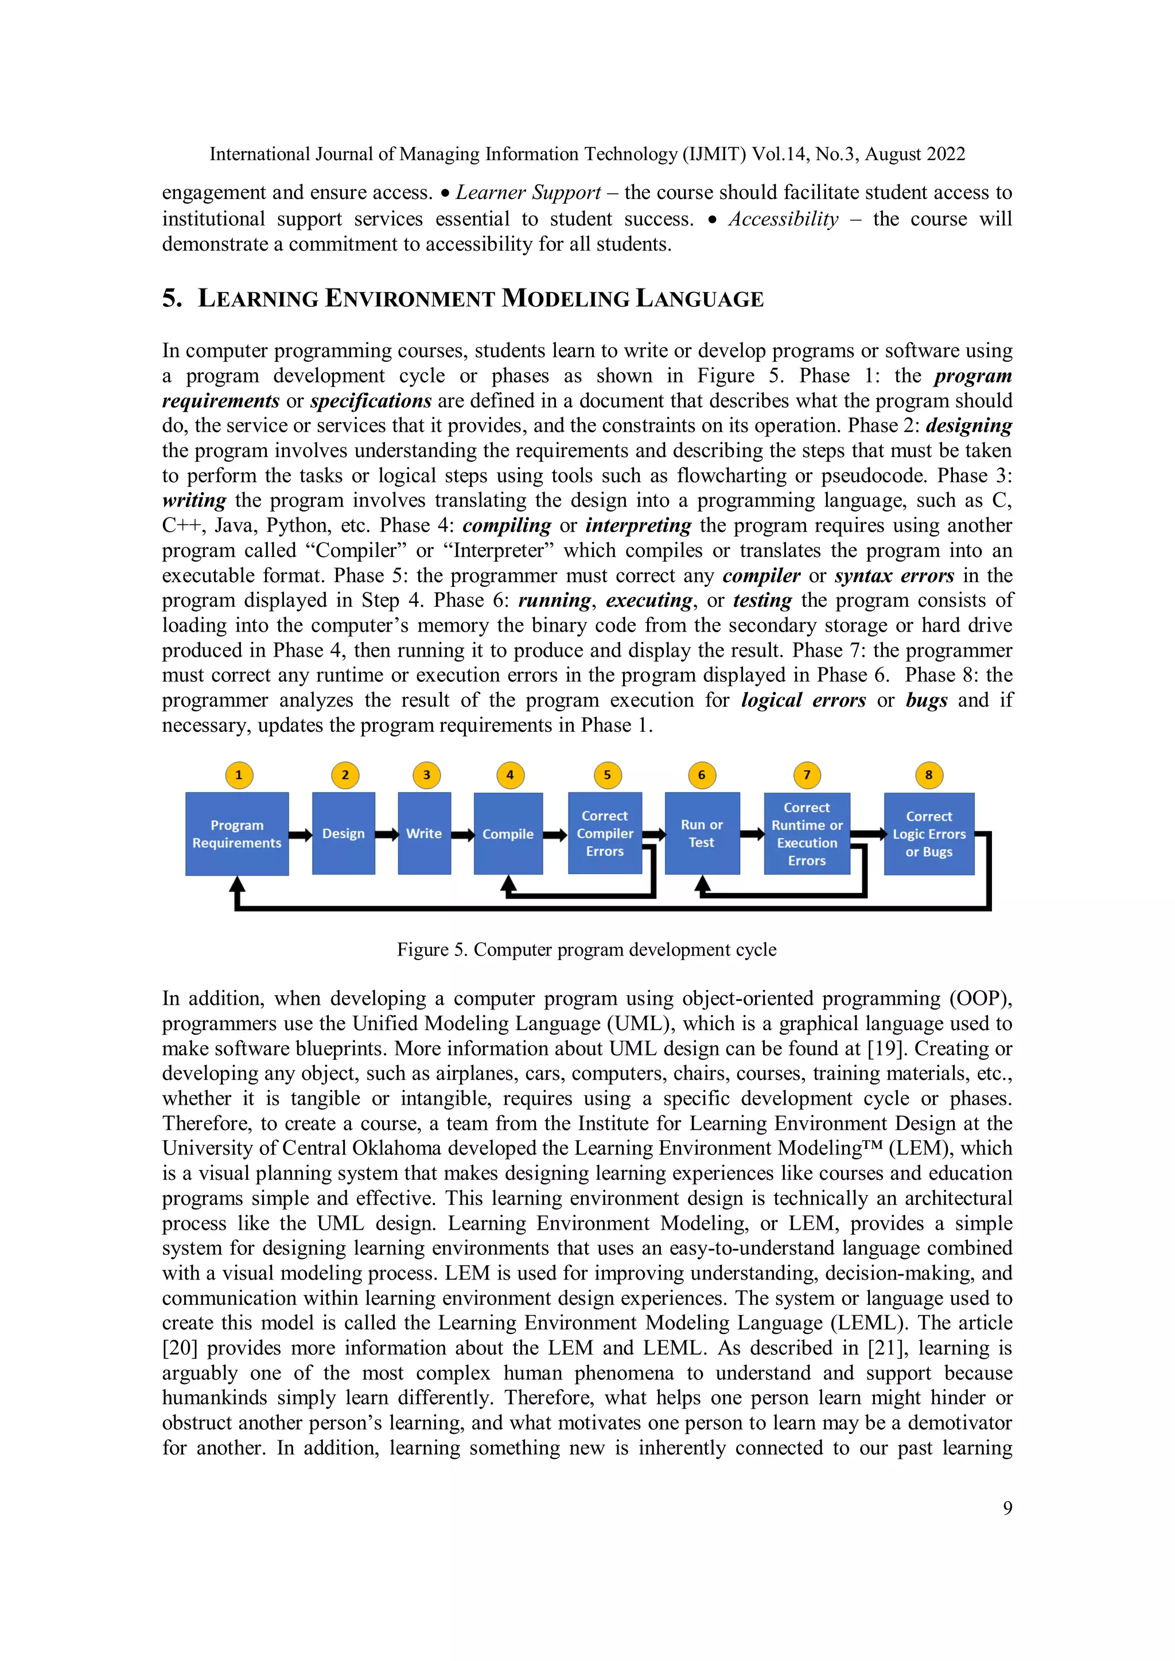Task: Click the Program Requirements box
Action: coord(236,833)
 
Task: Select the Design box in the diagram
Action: coord(344,833)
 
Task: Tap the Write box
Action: coord(424,833)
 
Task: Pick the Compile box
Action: coord(508,833)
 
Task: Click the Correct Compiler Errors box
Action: coord(605,833)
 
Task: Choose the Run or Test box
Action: coord(701,833)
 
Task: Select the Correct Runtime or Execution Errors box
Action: coord(807,833)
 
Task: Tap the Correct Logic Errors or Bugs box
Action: coord(929,833)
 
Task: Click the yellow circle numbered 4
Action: coord(510,775)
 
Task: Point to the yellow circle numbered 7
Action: coord(807,775)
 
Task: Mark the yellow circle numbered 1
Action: coord(239,775)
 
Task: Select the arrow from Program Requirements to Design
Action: coord(300,835)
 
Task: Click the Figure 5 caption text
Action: coord(587,950)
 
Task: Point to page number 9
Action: coord(1007,1508)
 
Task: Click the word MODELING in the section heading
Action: coord(565,299)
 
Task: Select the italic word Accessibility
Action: coord(784,219)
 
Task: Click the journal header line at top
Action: coord(587,154)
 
